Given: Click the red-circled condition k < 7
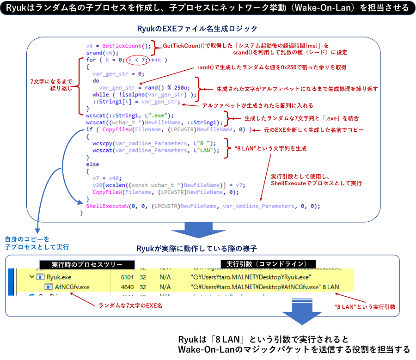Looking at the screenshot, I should coord(138,60).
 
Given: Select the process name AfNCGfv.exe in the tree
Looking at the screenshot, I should coord(72,287).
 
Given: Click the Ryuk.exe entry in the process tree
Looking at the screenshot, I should coord(59,277).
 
